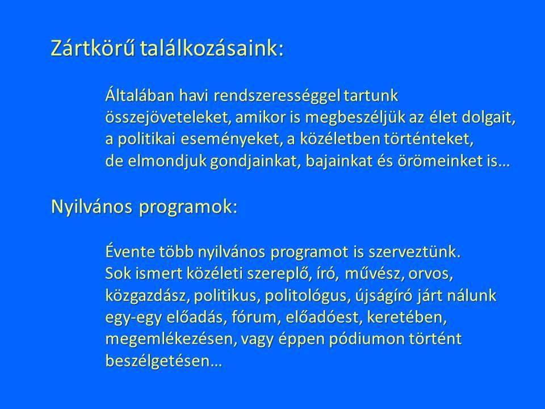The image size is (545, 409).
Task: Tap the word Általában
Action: [x=139, y=95]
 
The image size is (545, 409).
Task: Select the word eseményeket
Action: [x=232, y=140]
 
